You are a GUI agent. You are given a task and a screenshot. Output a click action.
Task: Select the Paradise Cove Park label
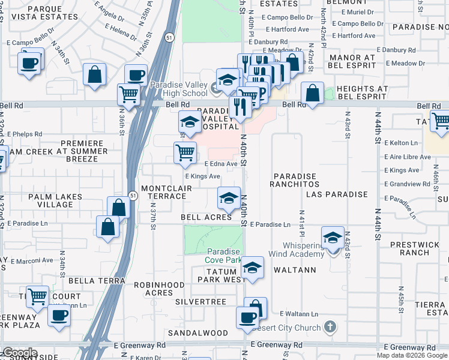(223, 256)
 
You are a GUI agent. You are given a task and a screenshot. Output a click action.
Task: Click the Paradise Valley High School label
(178, 89)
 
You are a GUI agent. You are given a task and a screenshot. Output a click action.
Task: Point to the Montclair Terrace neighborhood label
(163, 192)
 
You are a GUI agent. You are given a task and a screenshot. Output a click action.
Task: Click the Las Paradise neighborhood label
(336, 194)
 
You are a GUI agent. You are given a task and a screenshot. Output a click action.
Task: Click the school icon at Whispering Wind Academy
(332, 238)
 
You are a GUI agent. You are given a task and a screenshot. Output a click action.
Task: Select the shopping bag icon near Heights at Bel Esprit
(312, 93)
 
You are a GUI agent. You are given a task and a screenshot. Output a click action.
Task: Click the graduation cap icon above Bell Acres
(228, 197)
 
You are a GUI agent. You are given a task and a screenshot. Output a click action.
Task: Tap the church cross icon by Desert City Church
(329, 328)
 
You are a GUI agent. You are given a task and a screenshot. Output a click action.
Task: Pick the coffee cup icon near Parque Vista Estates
(29, 62)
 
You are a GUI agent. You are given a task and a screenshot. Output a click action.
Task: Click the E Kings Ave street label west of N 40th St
(202, 176)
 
